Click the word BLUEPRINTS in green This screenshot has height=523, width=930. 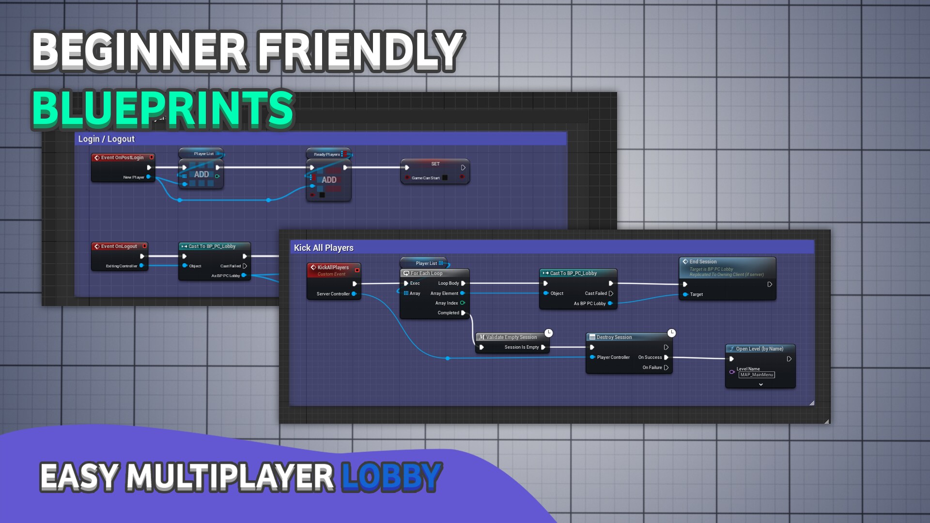[x=163, y=108]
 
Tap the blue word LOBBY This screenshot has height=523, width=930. [x=391, y=477]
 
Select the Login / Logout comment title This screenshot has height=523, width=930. [x=107, y=139]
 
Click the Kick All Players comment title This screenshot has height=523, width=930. [x=324, y=248]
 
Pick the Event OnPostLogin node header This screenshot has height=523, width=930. [x=122, y=157]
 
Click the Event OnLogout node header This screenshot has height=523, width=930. [x=119, y=246]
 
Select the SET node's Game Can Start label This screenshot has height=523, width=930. [x=426, y=178]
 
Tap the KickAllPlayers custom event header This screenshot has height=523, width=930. [x=333, y=267]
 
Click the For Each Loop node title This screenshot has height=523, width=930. [x=426, y=273]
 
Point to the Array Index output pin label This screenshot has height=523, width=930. [x=446, y=303]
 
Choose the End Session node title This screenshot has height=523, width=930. [x=703, y=261]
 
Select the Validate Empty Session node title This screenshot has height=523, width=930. [x=511, y=337]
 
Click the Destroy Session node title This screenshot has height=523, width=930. [x=614, y=337]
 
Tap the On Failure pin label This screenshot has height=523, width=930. [x=652, y=368]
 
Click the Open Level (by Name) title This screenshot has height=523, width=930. [x=759, y=349]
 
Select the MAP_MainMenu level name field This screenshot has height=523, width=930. [x=756, y=375]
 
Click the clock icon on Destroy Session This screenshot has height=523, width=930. [x=671, y=333]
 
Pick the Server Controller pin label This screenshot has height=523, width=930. [x=333, y=294]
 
